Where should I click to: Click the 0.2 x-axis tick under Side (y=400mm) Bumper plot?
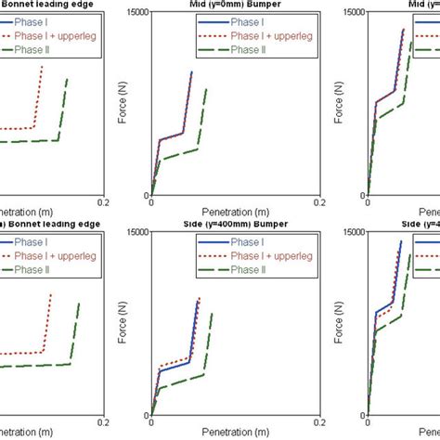318,422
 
